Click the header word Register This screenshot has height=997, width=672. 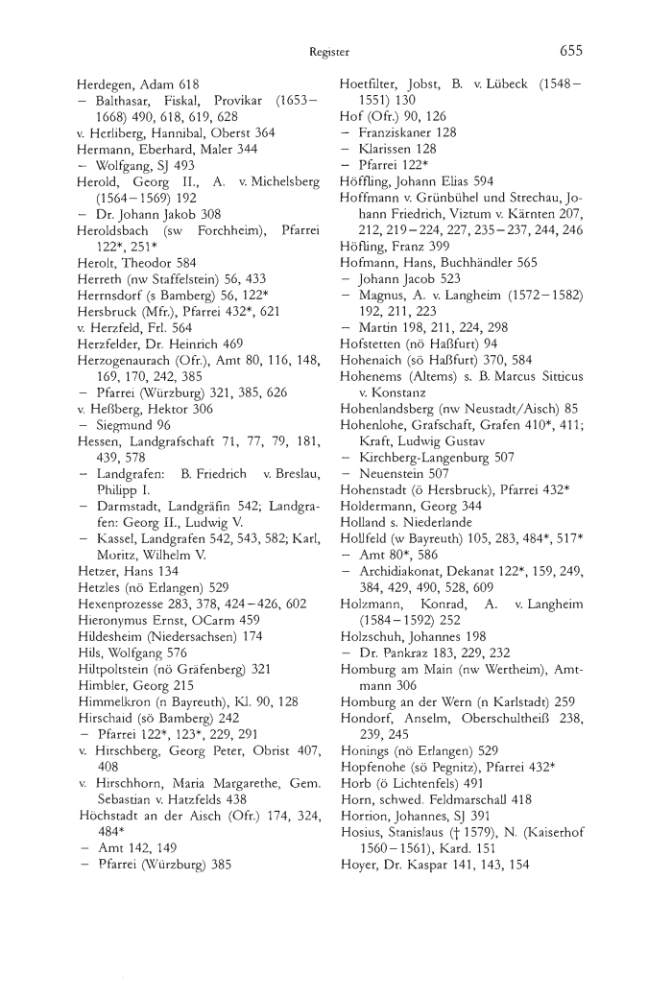(328, 52)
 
